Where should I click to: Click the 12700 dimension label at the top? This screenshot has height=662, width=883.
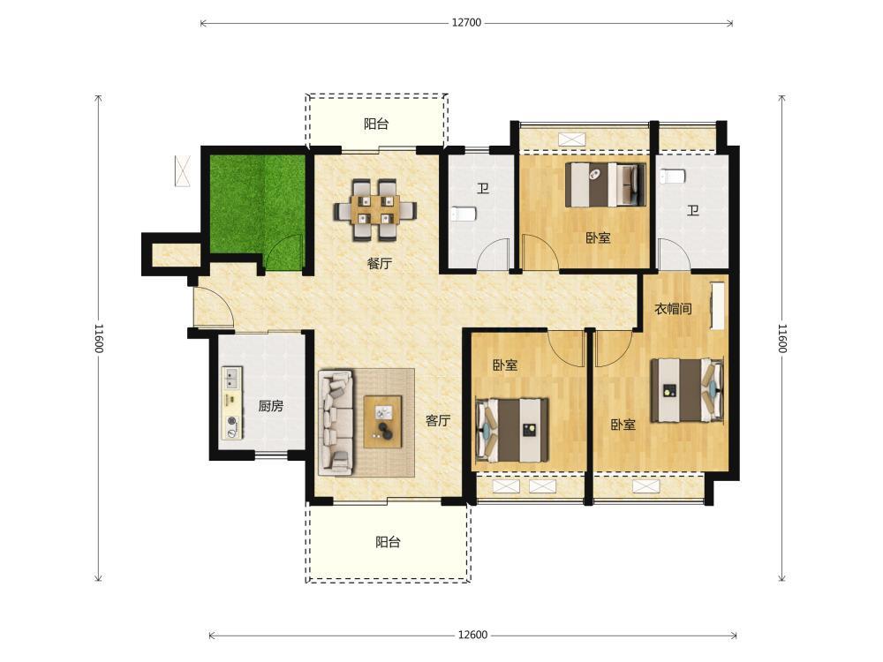466,23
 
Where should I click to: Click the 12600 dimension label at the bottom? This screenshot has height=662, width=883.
472,635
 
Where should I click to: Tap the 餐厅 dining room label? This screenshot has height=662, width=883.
379,263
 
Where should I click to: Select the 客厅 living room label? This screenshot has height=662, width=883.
438,420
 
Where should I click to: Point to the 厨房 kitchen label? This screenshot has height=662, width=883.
270,405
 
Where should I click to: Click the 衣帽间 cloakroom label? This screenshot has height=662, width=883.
673,308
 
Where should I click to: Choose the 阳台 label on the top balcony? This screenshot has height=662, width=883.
376,124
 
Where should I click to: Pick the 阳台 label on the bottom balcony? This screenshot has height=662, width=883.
388,542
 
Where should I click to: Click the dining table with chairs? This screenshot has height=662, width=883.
375,210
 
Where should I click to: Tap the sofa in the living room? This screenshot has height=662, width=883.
336,422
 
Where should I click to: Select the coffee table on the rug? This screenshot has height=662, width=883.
383,422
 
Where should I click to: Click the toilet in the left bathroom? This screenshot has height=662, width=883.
464,214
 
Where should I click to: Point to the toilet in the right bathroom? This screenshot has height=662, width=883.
672,177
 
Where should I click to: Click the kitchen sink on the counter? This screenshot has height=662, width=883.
231,379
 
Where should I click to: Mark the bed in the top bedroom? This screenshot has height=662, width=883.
606,184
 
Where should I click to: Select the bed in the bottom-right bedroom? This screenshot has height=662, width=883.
687,390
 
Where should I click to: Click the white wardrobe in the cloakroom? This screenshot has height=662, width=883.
717,305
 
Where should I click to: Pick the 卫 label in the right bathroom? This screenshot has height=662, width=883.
692,211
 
